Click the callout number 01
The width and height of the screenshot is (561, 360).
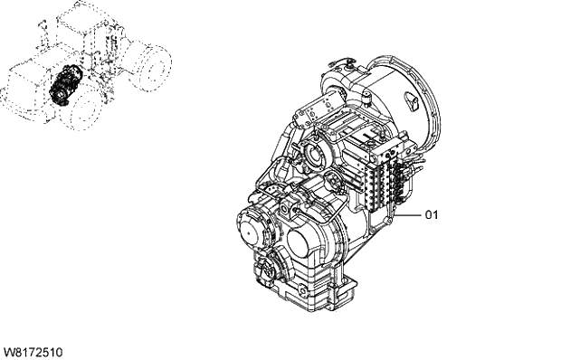[432, 215]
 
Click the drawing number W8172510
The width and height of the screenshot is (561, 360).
[33, 351]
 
